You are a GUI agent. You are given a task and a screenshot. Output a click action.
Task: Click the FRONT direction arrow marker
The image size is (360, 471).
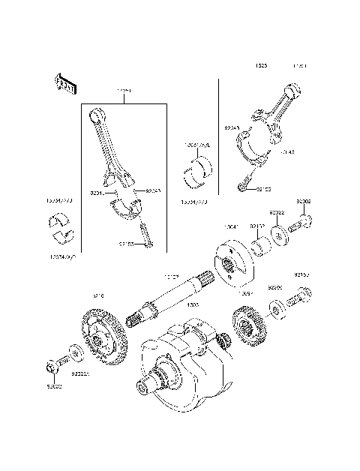point(63,84)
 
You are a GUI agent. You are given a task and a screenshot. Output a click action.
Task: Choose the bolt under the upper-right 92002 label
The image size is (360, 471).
point(305,223)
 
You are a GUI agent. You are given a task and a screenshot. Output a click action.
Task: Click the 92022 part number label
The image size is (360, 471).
point(277,213)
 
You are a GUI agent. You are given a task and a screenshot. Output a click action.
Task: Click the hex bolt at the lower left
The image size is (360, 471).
point(53,365)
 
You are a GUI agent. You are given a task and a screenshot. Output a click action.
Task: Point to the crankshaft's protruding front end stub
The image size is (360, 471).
point(143,387)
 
